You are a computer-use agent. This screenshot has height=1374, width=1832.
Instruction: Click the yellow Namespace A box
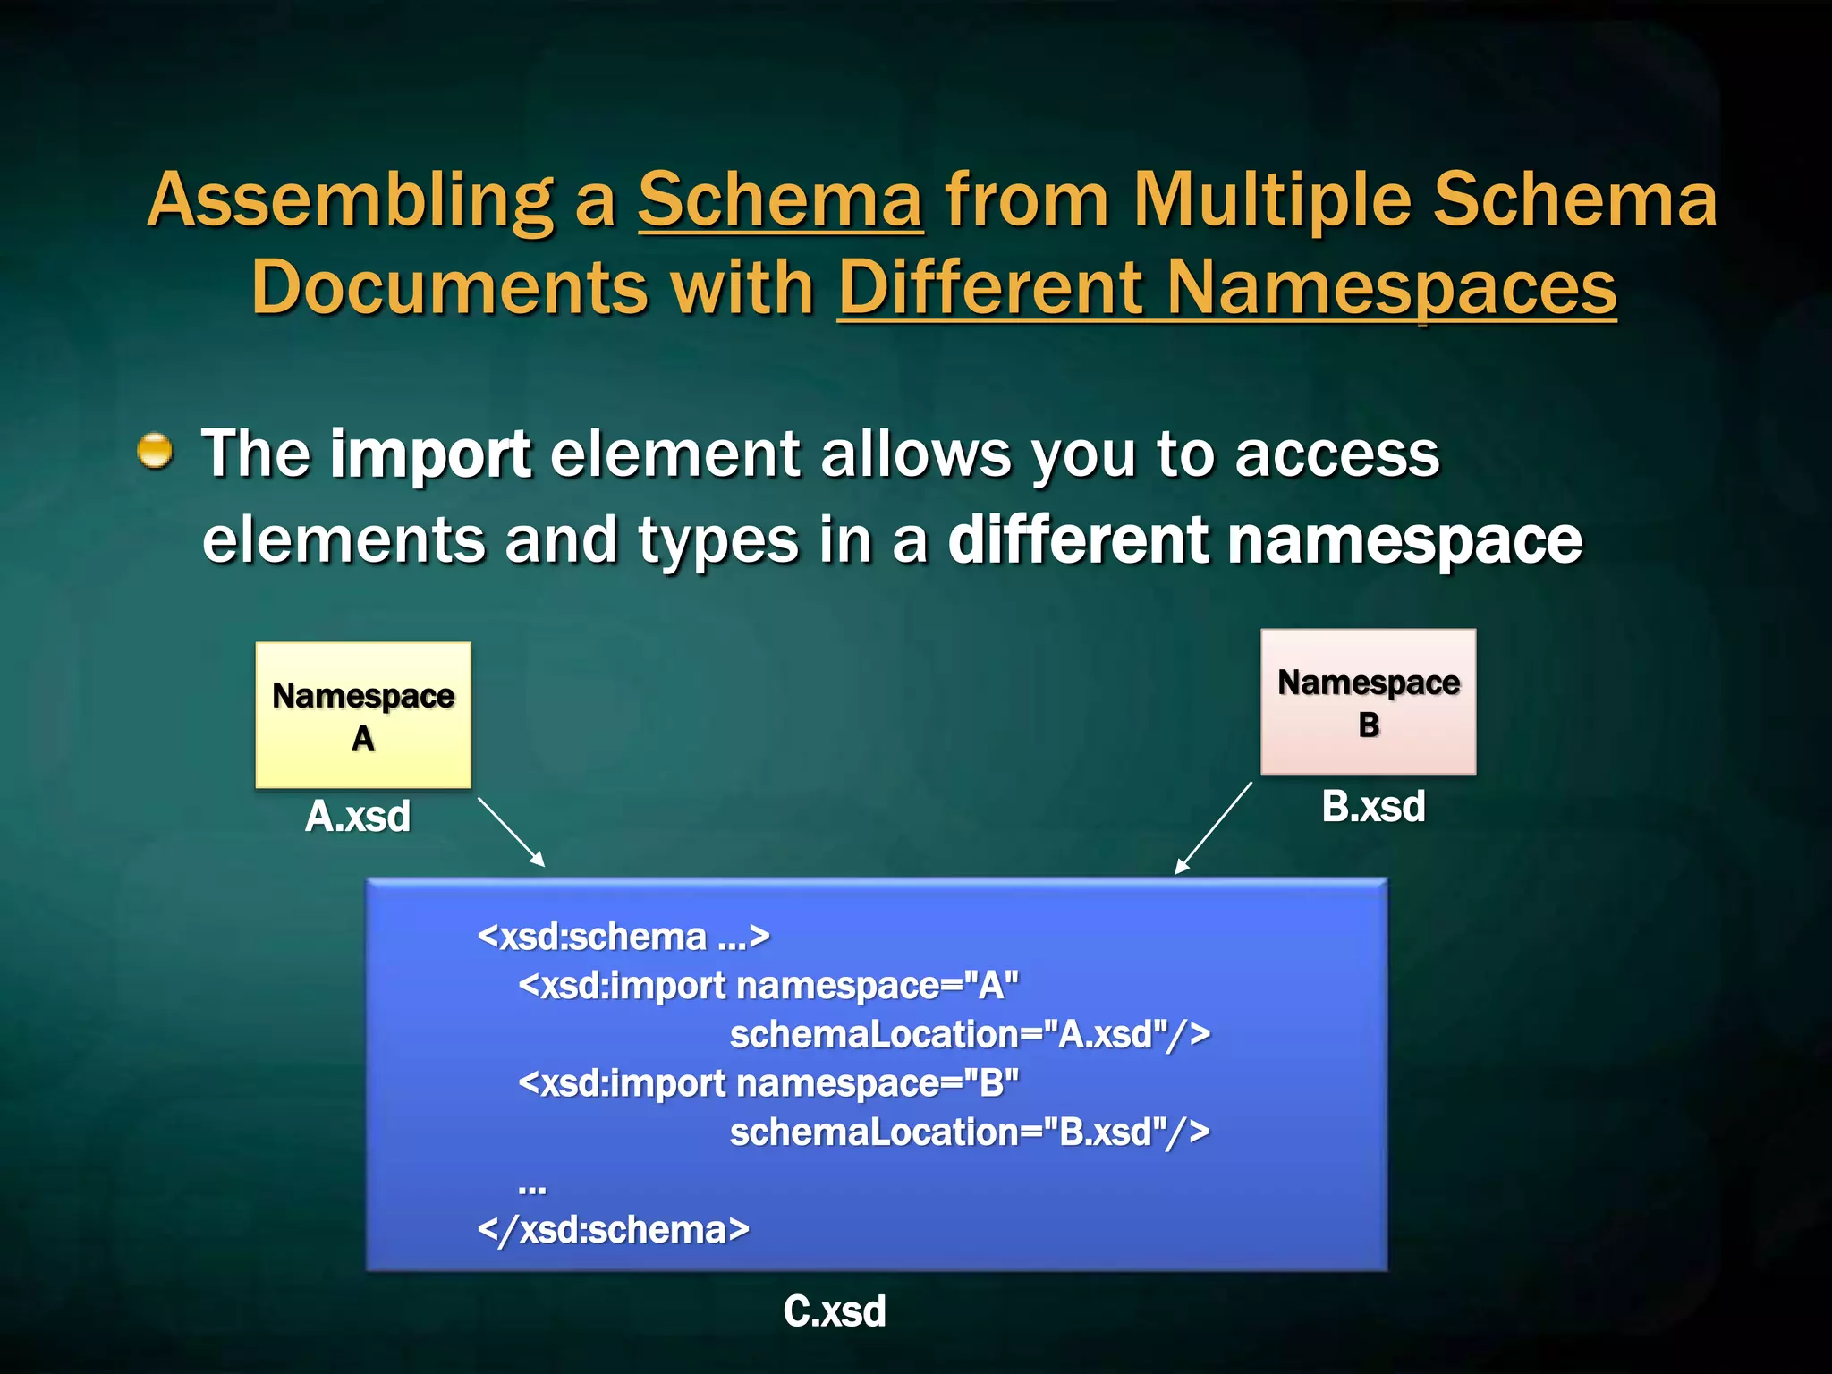363,715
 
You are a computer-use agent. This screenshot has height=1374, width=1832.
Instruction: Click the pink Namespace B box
1368,701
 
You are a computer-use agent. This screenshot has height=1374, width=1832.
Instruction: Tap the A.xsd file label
358,816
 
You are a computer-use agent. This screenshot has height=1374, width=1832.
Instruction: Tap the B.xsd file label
1373,806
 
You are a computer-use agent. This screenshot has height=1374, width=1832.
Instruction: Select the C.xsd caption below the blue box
834,1311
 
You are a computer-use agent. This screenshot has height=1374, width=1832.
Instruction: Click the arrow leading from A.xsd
511,832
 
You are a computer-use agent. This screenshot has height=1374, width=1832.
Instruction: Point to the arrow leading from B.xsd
1214,827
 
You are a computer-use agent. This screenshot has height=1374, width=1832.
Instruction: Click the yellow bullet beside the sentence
155,450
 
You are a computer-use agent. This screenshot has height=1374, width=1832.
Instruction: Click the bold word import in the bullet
430,454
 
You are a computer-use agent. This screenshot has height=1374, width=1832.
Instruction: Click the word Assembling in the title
350,201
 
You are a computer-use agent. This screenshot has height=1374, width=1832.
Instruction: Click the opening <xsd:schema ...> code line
623,937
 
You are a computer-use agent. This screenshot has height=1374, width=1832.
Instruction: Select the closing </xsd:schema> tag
614,1229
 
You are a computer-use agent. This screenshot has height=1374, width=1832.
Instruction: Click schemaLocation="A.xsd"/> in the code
970,1034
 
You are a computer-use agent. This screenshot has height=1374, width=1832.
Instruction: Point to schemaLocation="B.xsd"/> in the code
970,1132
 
